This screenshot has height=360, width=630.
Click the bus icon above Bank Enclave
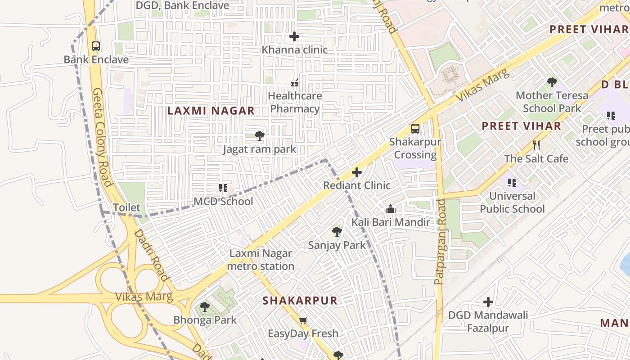click(x=95, y=46)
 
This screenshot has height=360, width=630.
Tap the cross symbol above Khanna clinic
click(x=294, y=36)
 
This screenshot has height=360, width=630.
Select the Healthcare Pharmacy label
click(x=295, y=102)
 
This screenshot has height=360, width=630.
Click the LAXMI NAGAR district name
click(x=211, y=111)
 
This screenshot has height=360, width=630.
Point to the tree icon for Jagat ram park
click(x=259, y=136)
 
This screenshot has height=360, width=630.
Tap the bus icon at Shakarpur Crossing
click(x=415, y=129)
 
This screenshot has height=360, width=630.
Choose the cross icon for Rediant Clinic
click(x=357, y=172)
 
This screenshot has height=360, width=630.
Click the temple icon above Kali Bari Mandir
click(x=390, y=209)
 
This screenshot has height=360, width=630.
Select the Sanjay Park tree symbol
click(x=337, y=232)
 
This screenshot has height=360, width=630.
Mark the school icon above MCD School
click(x=223, y=188)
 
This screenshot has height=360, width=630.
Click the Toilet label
click(x=126, y=208)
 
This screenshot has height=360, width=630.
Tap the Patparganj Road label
click(x=440, y=242)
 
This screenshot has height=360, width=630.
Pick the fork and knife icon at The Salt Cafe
click(x=536, y=145)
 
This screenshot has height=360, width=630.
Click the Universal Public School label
click(x=512, y=202)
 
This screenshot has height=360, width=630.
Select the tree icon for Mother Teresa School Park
click(x=552, y=82)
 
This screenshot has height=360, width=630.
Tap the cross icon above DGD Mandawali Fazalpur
click(x=488, y=302)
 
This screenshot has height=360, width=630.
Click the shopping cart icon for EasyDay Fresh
click(x=303, y=321)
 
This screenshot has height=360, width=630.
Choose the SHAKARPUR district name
click(x=300, y=301)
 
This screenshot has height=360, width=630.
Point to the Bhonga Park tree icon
click(x=205, y=307)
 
